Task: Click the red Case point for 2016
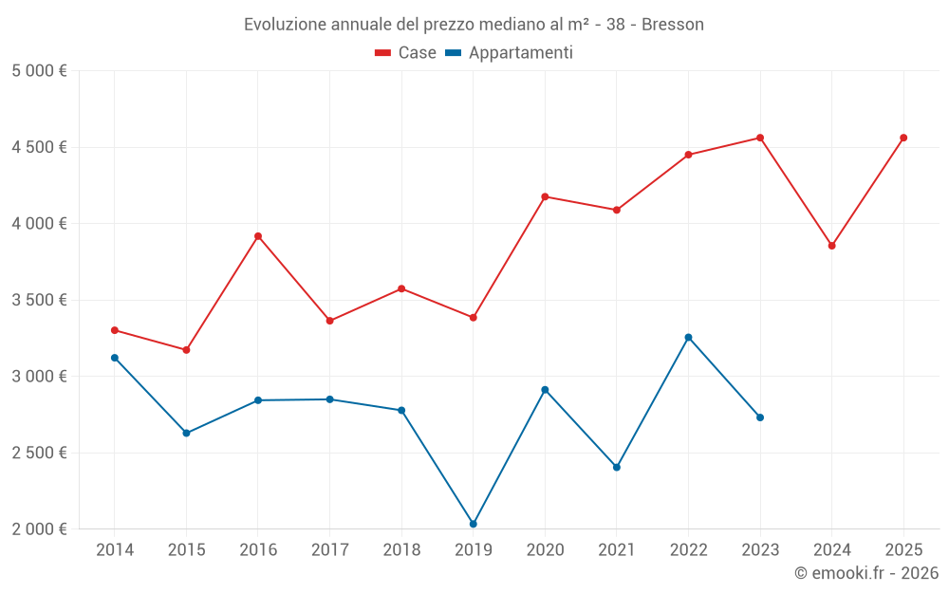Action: (x=258, y=236)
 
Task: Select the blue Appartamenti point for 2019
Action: (x=474, y=524)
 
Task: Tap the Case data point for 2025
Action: (x=903, y=138)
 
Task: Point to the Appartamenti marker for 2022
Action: (x=688, y=338)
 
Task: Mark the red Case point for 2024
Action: (x=832, y=246)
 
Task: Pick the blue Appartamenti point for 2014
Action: (x=115, y=358)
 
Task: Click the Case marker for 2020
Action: (x=545, y=196)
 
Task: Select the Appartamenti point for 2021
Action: (x=617, y=468)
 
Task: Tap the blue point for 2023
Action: (x=760, y=417)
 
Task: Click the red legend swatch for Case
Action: (x=383, y=53)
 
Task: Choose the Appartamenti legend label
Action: (x=520, y=53)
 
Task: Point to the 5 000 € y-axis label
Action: (x=40, y=71)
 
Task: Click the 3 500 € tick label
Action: (x=40, y=300)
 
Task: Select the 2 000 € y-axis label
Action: (x=40, y=529)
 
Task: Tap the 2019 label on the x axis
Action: (x=474, y=550)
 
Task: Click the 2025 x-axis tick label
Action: (x=903, y=550)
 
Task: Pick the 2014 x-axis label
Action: (x=115, y=550)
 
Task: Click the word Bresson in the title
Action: (x=673, y=25)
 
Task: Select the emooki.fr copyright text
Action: (x=866, y=573)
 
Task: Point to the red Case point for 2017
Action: (x=330, y=321)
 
